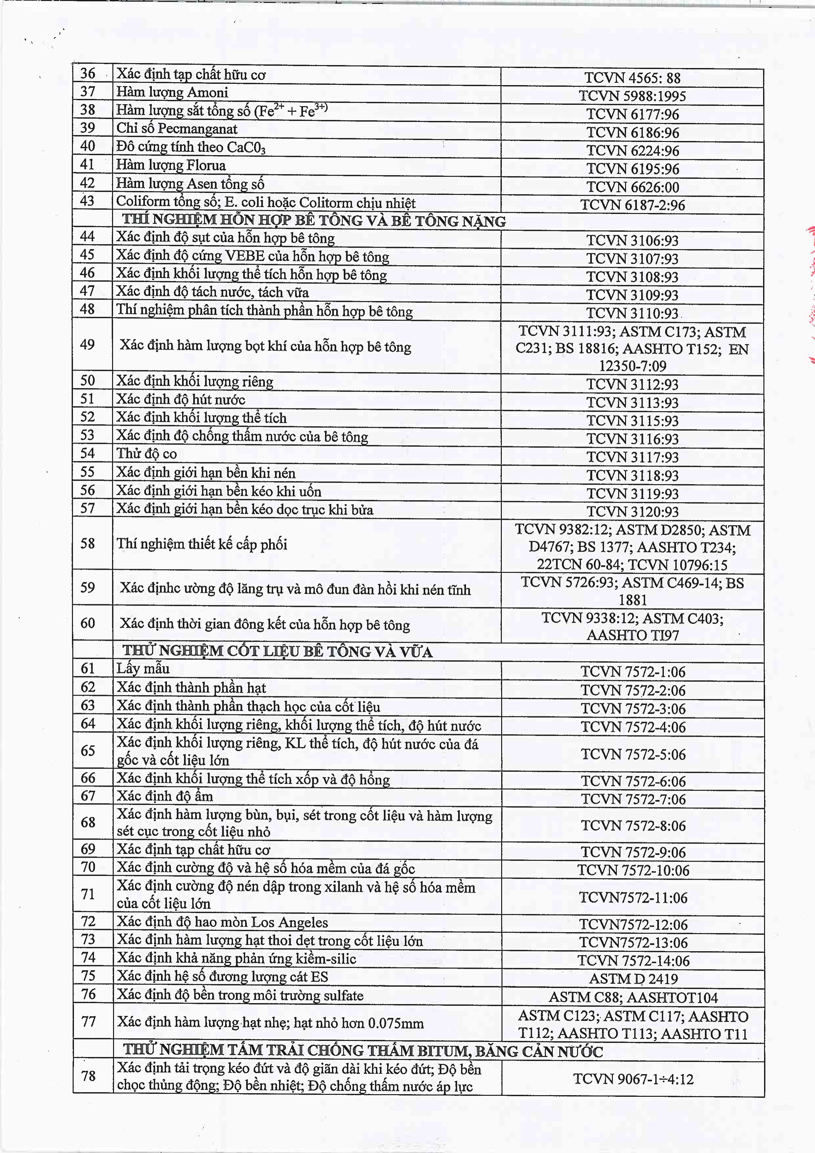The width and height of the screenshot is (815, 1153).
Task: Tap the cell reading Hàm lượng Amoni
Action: (x=172, y=92)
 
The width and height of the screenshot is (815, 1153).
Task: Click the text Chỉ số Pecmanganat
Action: (x=177, y=128)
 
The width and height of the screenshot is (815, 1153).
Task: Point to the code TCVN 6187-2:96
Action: (x=632, y=205)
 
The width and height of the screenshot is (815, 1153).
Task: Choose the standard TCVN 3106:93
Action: (x=632, y=241)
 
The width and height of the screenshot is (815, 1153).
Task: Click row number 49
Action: (x=88, y=344)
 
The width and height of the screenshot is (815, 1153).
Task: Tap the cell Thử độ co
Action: (x=147, y=454)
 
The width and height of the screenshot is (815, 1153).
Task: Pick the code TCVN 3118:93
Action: (x=632, y=475)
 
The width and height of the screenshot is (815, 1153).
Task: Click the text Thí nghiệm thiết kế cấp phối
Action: (x=202, y=544)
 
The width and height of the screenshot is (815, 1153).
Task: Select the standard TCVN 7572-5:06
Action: (x=633, y=754)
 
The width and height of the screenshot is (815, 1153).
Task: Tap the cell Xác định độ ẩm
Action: (x=165, y=796)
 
